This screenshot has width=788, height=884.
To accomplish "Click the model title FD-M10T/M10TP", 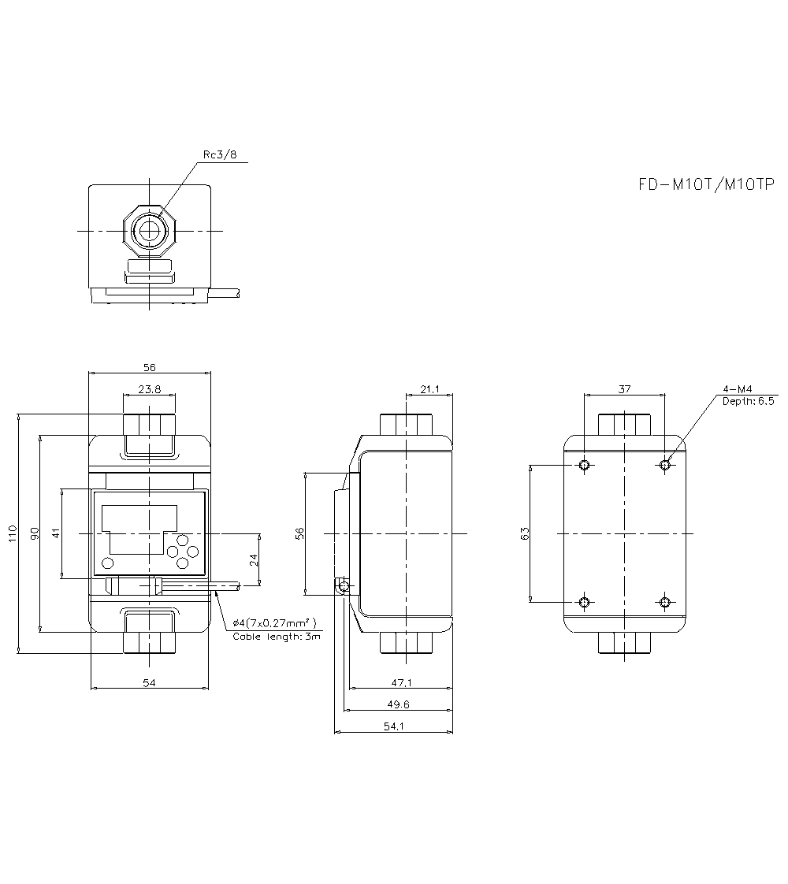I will [706, 184].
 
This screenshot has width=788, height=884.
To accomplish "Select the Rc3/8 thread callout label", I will [220, 155].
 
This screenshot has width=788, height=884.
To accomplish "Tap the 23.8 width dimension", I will [149, 388].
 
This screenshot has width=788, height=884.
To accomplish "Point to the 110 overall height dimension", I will [11, 533].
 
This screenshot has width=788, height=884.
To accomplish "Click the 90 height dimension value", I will [34, 533].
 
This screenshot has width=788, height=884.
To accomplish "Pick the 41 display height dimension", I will [55, 533].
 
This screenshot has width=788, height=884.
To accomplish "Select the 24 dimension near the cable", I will [253, 559].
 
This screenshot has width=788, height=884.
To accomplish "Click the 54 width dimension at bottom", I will [149, 682].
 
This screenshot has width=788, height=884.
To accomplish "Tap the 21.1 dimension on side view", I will [429, 388].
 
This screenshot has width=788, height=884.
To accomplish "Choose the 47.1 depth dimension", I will [402, 682].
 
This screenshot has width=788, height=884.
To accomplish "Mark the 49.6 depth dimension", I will [398, 704].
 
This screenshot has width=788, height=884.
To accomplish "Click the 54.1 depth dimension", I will [394, 726].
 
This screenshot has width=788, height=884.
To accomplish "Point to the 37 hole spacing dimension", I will [624, 388].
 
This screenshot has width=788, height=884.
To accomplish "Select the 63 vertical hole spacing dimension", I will [525, 533].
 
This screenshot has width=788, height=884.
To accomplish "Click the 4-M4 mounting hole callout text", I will [738, 389].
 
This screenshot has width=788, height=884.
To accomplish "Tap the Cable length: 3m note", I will [277, 636].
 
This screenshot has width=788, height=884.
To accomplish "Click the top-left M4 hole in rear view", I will [584, 465].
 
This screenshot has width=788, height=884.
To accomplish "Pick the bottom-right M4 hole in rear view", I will [665, 603].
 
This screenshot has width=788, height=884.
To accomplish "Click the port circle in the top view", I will [147, 231].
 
